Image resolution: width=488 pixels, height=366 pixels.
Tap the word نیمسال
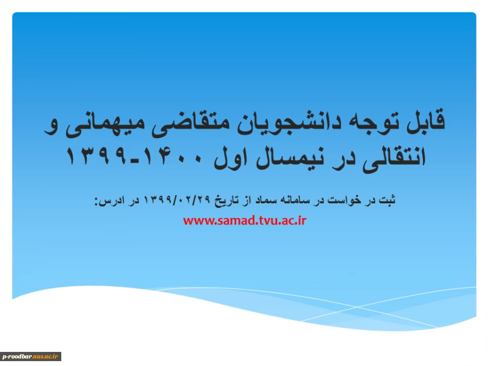pyautogui.click(x=290, y=158)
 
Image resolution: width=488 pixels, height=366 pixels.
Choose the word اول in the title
pyautogui.click(x=230, y=157)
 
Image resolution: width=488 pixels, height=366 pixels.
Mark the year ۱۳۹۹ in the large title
pyautogui.click(x=97, y=156)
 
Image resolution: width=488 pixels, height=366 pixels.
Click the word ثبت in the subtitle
pyautogui.click(x=387, y=200)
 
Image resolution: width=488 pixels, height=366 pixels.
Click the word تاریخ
pyautogui.click(x=226, y=200)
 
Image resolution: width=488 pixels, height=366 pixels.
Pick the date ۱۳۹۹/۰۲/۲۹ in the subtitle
pyautogui.click(x=177, y=200)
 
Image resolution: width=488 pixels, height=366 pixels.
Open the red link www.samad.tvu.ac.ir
pyautogui.click(x=245, y=221)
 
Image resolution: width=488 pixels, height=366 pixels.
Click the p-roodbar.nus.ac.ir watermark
pyautogui.click(x=30, y=356)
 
